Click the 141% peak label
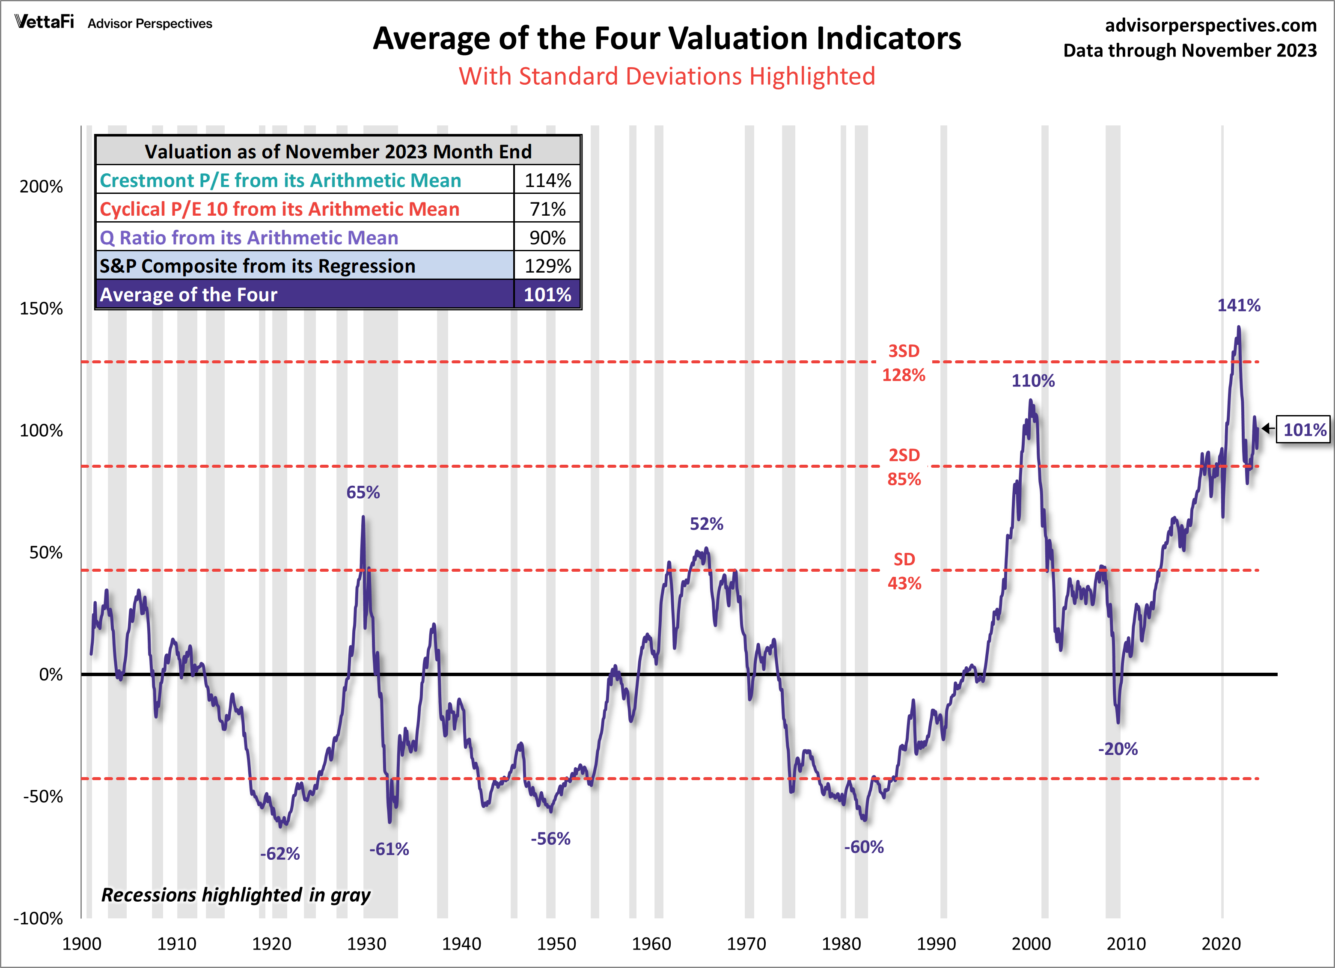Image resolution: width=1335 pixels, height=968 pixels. coord(1238,306)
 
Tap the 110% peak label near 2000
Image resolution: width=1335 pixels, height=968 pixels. coord(1033,381)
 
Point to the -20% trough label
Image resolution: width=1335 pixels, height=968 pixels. coord(1118,749)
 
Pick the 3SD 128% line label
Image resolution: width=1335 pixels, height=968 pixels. coord(904,363)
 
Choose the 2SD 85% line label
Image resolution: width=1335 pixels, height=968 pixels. coord(904,466)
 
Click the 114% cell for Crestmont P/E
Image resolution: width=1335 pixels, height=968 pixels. coord(547,180)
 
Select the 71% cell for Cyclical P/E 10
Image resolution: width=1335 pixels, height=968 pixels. coord(547,209)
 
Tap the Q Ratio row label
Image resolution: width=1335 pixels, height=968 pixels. coord(249,238)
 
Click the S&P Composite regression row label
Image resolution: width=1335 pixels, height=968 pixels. coord(257,266)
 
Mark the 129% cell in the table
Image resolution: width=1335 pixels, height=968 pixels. coord(547,266)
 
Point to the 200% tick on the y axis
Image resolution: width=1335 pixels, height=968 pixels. coord(41,187)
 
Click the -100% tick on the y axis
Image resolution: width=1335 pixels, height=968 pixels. coord(38,918)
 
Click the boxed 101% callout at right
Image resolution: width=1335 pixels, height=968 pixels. coord(1304,430)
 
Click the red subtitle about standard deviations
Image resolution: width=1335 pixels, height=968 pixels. coord(667,77)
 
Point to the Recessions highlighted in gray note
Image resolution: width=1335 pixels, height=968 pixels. coord(235,895)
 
